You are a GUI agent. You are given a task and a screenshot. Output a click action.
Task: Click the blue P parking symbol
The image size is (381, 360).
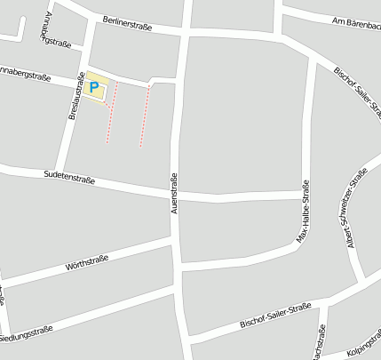pos(95,87)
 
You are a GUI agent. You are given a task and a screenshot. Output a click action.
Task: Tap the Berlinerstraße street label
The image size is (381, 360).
pos(127,23)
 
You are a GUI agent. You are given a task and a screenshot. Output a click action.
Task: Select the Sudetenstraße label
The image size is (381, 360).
pos(69,179)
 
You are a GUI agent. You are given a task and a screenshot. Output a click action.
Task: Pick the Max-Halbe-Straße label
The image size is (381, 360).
pos(304,211)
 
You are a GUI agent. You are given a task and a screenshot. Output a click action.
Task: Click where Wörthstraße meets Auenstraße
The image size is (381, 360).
pos(176,238)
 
